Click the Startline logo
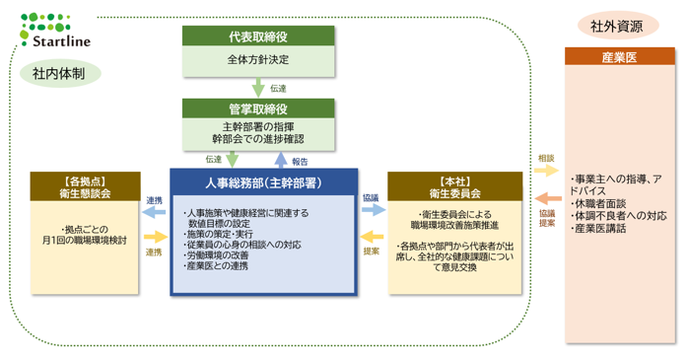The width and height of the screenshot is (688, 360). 55,31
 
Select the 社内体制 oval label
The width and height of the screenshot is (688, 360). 60,74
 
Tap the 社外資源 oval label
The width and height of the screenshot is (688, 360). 617,26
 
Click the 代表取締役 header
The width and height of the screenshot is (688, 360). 258,36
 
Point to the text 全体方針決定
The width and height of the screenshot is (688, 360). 258,59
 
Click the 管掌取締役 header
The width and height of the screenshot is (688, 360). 258,108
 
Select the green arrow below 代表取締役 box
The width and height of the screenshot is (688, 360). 258,88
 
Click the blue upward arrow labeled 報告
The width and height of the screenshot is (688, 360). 280,160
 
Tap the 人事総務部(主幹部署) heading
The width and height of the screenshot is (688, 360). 264,183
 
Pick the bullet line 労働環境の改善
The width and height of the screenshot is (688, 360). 216,255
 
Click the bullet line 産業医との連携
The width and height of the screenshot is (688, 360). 216,266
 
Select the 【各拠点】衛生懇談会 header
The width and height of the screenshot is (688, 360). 85,187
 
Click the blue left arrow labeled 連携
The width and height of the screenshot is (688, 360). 154,212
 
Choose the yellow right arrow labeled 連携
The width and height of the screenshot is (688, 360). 156,238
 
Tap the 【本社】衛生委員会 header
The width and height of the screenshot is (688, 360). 455,187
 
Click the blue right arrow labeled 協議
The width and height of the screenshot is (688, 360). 374,210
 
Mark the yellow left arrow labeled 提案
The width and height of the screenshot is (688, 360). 372,237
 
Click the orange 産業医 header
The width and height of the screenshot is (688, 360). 620,56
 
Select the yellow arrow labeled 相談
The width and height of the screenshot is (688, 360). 546,171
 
